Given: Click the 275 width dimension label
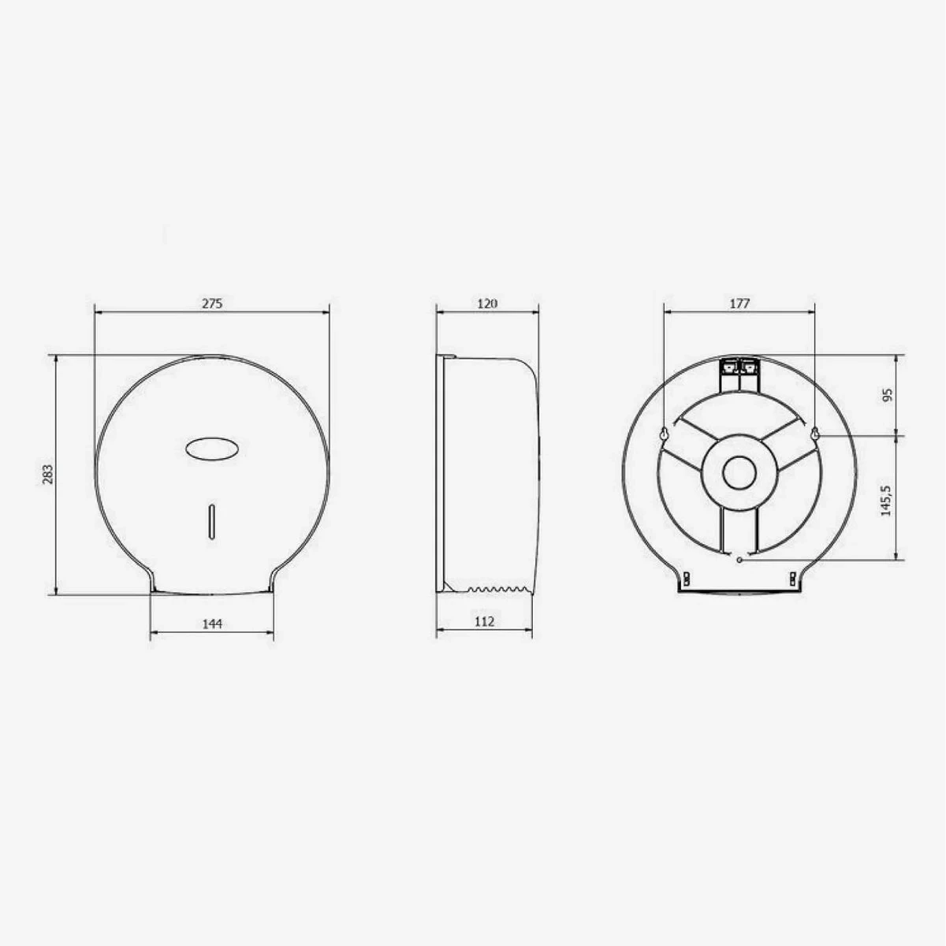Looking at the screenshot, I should coord(212,303).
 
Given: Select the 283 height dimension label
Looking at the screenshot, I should coord(47,474).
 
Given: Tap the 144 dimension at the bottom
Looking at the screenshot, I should coord(212,624).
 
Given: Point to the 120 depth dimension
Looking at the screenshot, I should coord(488,303).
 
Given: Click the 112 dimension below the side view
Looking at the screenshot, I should coord(485,621).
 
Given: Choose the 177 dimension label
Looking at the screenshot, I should coord(739,303).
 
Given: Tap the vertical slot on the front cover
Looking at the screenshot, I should coord(210,521).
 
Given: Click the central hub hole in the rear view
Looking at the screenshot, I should coord(739,475).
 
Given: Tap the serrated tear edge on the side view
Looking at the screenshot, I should coord(497,588).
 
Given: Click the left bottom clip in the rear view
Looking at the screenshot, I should coord(686,579).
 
